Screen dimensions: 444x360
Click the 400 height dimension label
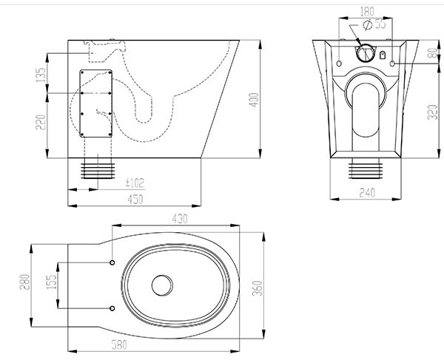[255, 100]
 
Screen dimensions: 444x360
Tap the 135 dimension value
[41, 75]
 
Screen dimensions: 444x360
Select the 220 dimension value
[41, 122]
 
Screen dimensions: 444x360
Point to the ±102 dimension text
[135, 183]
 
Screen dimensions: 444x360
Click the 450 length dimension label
[135, 200]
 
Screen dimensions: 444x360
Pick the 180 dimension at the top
[367, 12]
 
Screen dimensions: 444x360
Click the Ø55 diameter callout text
[374, 24]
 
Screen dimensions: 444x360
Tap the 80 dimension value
[433, 53]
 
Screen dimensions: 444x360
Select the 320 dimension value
[433, 112]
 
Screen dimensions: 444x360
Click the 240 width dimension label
[367, 193]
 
